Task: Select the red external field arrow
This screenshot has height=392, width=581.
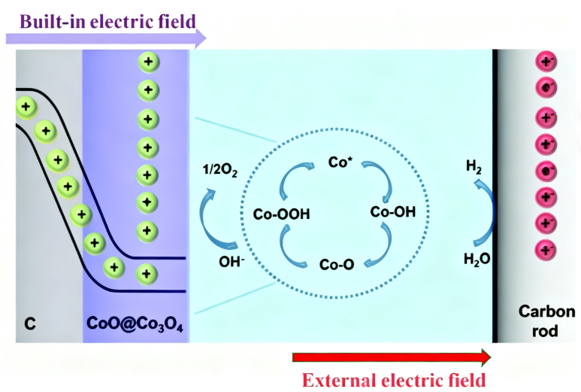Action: tap(391, 356)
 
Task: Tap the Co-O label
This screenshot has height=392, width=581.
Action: tap(337, 265)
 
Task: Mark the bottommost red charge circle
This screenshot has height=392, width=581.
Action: tap(546, 249)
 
